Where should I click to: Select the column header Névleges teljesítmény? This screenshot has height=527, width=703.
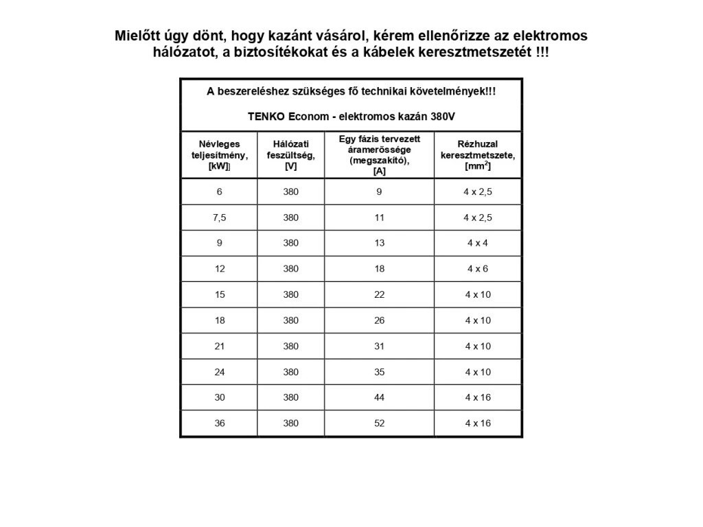click(219, 154)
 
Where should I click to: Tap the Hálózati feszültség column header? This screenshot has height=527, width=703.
click(290, 154)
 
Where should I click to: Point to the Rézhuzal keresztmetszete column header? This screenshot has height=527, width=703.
click(477, 154)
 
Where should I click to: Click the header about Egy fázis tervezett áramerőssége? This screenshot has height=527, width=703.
click(379, 154)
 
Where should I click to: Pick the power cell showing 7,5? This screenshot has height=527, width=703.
click(220, 218)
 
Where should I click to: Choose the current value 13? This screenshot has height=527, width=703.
click(379, 243)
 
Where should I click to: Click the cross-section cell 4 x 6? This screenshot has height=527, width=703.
click(477, 269)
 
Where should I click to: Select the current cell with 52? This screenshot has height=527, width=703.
click(379, 423)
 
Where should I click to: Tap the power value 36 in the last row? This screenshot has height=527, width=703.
click(220, 423)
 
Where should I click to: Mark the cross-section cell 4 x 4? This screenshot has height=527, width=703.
click(477, 243)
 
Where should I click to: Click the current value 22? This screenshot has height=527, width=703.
click(379, 294)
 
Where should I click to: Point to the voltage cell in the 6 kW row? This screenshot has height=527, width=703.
click(290, 191)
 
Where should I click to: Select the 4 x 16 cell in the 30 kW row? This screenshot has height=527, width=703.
click(477, 397)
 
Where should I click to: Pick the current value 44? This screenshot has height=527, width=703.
click(379, 397)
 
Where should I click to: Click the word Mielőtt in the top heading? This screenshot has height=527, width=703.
click(138, 36)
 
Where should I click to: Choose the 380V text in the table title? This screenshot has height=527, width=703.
click(443, 117)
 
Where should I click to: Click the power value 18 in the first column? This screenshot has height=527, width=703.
click(220, 320)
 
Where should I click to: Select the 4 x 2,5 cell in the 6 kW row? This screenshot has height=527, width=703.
click(477, 191)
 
